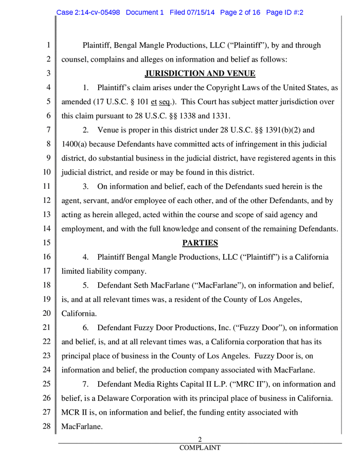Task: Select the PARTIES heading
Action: point(201,242)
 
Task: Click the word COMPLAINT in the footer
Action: point(200,447)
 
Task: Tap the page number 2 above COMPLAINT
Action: point(200,439)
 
